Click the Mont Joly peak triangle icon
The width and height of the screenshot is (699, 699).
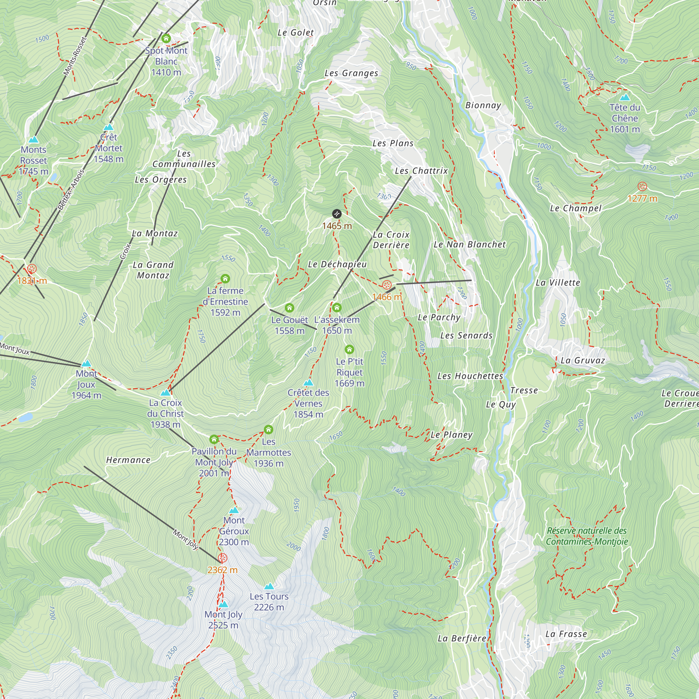[x=223, y=604]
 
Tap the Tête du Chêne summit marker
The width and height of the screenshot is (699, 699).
[x=625, y=97]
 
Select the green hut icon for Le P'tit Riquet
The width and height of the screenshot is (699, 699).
[x=349, y=349]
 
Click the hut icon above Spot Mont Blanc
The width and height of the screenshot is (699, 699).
[x=166, y=38]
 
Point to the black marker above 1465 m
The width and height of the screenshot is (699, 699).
[x=337, y=214]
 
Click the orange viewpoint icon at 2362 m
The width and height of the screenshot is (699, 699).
[x=223, y=558]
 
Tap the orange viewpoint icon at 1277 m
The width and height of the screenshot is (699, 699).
[x=642, y=186]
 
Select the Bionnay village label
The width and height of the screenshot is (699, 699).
[x=483, y=105]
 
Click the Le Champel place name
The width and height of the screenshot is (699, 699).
[x=575, y=208]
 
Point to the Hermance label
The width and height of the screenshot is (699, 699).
[x=128, y=460]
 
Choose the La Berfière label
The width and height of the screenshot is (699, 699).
[x=462, y=638]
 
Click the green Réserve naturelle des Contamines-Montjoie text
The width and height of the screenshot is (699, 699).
[x=586, y=536]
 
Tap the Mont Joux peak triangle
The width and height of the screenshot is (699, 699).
[x=86, y=363]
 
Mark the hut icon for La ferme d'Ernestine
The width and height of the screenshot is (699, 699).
[x=225, y=278]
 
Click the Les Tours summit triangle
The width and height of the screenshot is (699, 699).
[x=269, y=586]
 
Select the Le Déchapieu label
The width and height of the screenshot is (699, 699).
[x=337, y=264]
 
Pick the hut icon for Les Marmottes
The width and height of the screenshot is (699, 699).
[x=268, y=430]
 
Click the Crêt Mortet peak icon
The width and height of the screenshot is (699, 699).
[x=109, y=127]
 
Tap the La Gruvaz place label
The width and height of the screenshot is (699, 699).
[x=583, y=360]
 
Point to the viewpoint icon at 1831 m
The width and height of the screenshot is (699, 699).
[x=32, y=269]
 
